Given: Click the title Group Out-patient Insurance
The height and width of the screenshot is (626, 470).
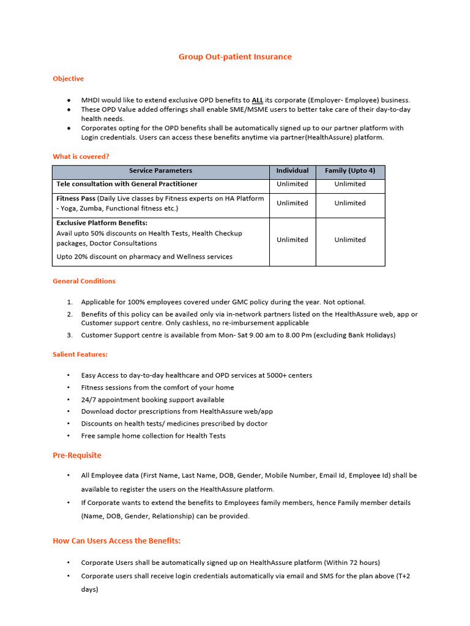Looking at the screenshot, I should (x=235, y=57).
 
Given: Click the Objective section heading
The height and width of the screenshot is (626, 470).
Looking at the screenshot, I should (x=68, y=79).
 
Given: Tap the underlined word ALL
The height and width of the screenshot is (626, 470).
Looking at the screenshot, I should (x=258, y=100).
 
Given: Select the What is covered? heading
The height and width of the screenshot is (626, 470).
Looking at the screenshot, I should (x=81, y=156).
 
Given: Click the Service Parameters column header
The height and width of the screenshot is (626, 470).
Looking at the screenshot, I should (x=160, y=171).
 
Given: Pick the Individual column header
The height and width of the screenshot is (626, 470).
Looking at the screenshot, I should (x=292, y=171).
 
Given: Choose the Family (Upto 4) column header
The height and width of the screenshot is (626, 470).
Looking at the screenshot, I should (x=350, y=171).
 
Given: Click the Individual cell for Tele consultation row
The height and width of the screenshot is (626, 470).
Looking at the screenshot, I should (x=292, y=184).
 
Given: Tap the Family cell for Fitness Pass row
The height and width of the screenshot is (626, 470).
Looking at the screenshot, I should (x=350, y=203).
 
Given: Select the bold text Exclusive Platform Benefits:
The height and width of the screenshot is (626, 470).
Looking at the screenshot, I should (x=102, y=223).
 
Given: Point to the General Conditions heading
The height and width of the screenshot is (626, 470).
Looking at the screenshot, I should (x=84, y=281).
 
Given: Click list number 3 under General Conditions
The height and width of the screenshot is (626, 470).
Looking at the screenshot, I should (x=70, y=335).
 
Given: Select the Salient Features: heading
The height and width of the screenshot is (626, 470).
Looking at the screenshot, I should (x=80, y=355).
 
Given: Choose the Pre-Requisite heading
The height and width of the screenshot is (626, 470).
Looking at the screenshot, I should (x=77, y=455).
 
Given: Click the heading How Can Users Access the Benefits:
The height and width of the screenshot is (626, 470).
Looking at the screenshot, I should (x=116, y=541).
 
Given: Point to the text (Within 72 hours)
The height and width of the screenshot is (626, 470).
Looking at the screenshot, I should (x=352, y=562).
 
